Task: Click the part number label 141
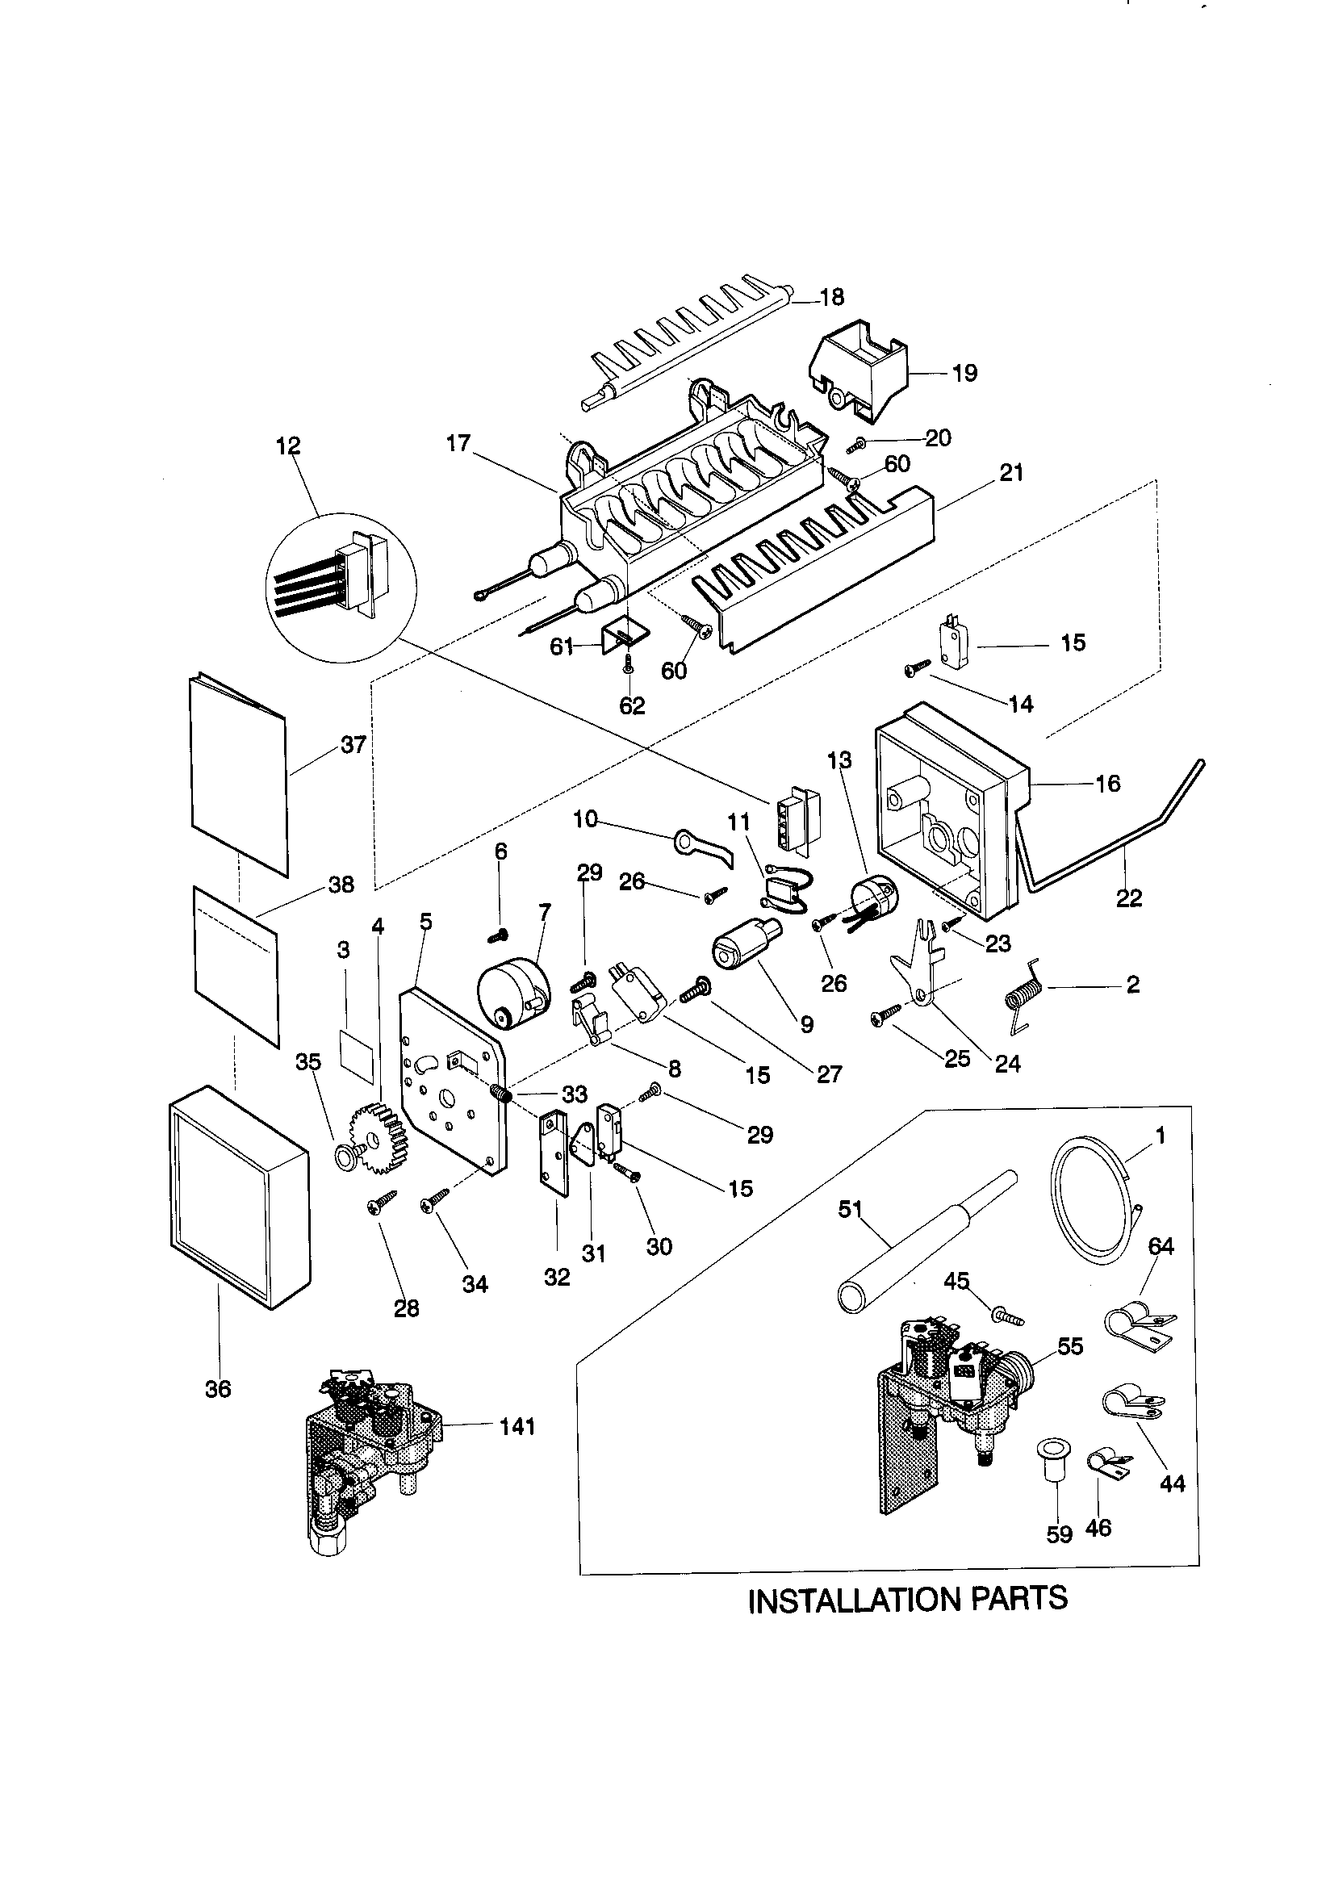pos(517,1426)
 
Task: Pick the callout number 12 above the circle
pos(287,446)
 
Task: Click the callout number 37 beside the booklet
pos(353,745)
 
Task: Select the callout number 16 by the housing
pos(1107,783)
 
